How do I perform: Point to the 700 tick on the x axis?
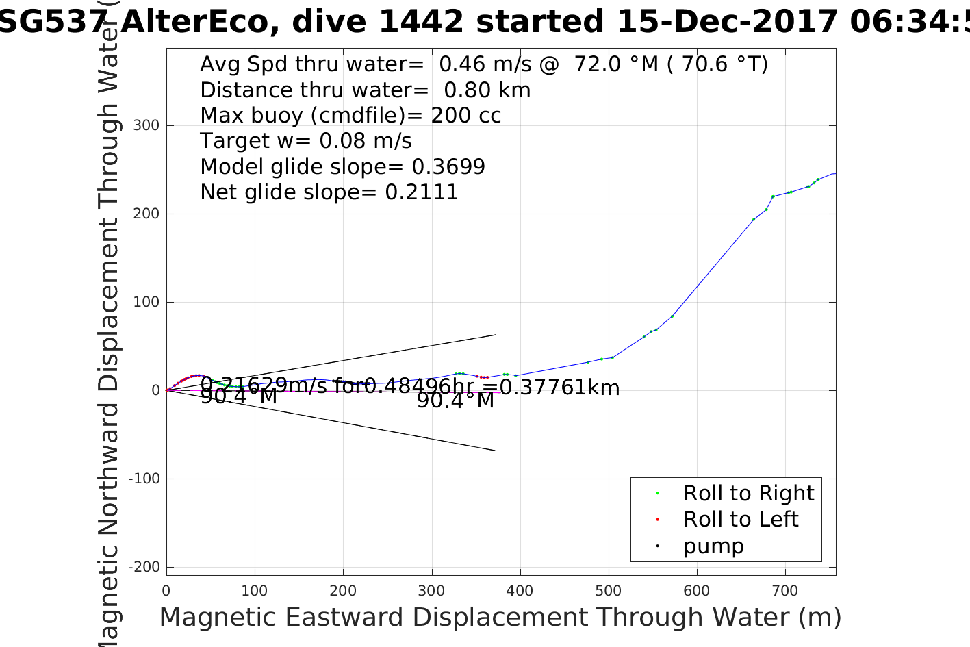(x=785, y=590)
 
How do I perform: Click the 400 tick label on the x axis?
(x=520, y=590)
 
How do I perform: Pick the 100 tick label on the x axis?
(x=255, y=590)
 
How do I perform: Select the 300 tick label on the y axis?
(x=146, y=126)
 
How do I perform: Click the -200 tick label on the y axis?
(x=144, y=567)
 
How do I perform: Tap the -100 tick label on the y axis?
(x=144, y=479)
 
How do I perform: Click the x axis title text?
(x=500, y=618)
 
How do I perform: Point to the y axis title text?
(x=109, y=322)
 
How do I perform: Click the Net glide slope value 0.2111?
(x=422, y=192)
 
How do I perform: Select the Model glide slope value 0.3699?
(x=448, y=166)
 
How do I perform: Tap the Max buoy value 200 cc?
(x=465, y=115)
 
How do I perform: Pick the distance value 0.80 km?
(x=487, y=90)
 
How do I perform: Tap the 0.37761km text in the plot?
(x=559, y=388)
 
